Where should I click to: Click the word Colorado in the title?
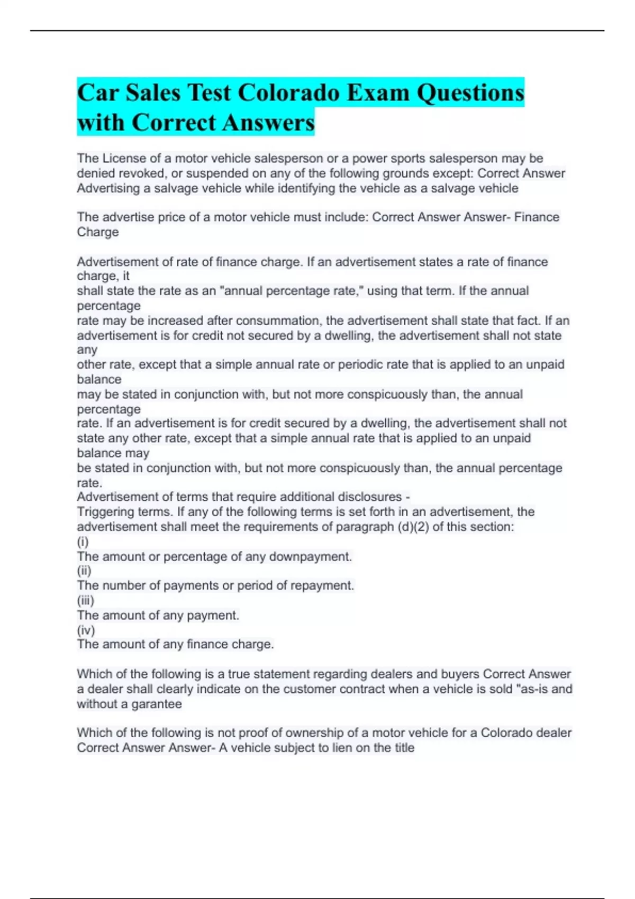click(x=288, y=93)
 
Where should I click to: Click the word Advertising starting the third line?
click(x=108, y=188)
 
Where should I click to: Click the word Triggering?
click(x=105, y=512)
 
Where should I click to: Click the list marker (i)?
click(x=83, y=542)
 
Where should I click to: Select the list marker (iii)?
click(x=85, y=601)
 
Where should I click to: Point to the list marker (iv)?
click(x=86, y=630)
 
